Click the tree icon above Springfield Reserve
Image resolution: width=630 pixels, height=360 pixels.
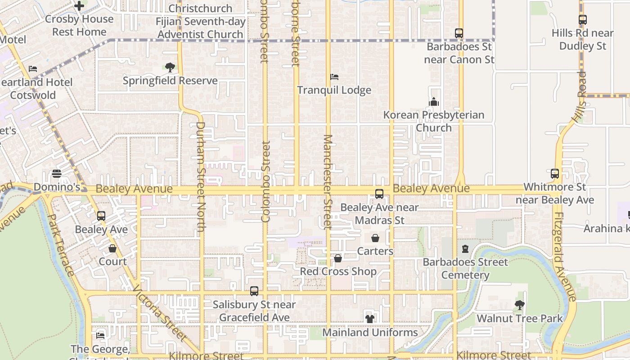click(x=170, y=67)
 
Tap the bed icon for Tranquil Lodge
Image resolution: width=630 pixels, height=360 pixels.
click(x=334, y=77)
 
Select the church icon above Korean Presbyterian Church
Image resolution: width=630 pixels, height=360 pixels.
click(x=434, y=102)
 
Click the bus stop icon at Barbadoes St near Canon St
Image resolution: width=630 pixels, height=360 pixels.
click(x=459, y=33)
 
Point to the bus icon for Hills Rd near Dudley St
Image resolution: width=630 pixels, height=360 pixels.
click(x=583, y=20)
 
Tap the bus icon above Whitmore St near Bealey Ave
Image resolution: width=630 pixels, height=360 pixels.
click(x=555, y=174)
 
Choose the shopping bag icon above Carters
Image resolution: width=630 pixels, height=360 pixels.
click(x=375, y=238)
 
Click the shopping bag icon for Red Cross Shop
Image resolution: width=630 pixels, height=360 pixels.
click(x=338, y=258)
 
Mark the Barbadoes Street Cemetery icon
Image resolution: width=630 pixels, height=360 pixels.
click(x=465, y=249)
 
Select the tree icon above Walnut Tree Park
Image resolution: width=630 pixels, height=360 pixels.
click(x=519, y=305)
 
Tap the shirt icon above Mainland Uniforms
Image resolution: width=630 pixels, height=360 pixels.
click(x=370, y=319)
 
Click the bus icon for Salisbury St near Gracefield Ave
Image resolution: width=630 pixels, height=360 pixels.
click(x=254, y=291)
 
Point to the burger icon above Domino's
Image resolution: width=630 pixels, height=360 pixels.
click(x=57, y=174)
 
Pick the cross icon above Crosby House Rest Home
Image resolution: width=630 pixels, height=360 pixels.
click(x=79, y=6)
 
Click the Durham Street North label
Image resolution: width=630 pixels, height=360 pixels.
click(x=201, y=177)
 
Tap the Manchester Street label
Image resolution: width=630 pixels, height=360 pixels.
click(x=328, y=182)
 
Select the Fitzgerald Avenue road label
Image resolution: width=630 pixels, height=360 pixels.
click(x=565, y=256)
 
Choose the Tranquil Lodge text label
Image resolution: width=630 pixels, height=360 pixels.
click(x=334, y=90)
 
